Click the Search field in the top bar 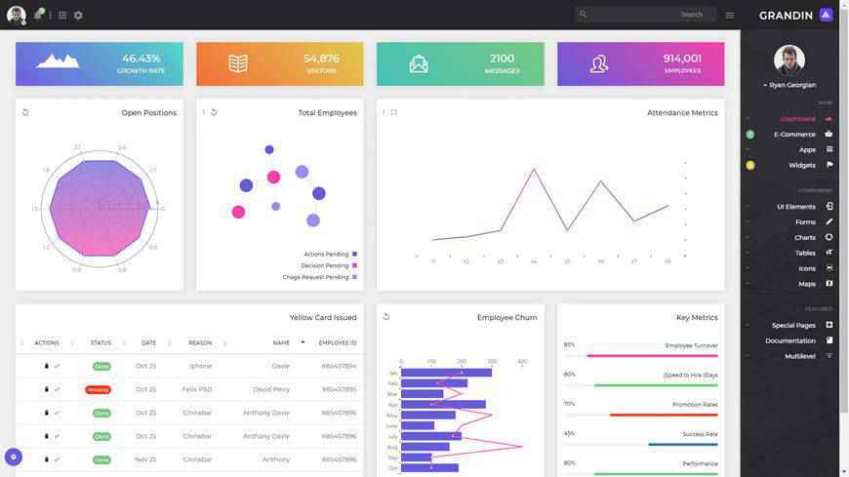point(644,15)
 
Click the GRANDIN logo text point(786,15)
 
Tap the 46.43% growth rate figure point(141,59)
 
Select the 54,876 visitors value point(321,59)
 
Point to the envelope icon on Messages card point(419,63)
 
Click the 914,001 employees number point(682,59)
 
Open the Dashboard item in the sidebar point(797,119)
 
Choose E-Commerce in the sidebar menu point(794,135)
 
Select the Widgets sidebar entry point(801,165)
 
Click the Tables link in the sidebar point(805,253)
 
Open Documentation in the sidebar point(789,340)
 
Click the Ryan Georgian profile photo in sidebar point(788,60)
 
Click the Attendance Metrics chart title point(682,113)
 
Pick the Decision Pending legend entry point(325,265)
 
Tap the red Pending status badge point(98,389)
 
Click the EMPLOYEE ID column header point(337,342)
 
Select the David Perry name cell point(271,389)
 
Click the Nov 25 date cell point(145,459)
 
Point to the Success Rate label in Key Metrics point(700,434)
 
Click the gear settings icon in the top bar point(78,16)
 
